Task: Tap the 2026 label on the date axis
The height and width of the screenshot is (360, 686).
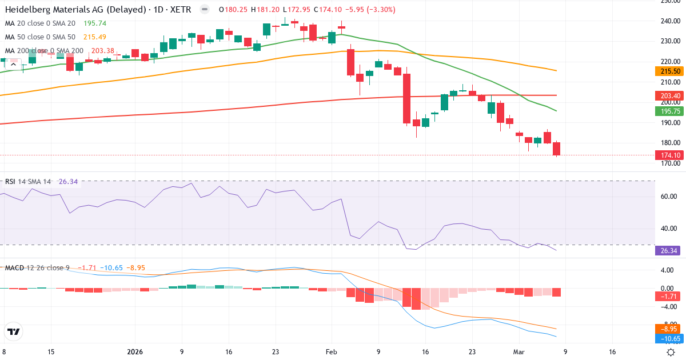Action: tap(135, 352)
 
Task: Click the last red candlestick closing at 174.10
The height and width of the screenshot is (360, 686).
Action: tap(557, 149)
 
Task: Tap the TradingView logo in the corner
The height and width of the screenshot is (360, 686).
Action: tap(14, 331)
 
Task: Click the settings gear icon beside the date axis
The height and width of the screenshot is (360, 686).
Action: tap(672, 352)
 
